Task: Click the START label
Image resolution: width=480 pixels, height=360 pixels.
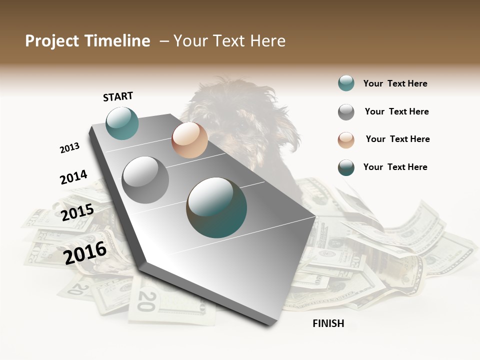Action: pyautogui.click(x=118, y=96)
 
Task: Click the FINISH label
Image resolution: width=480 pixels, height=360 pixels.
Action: pyautogui.click(x=328, y=323)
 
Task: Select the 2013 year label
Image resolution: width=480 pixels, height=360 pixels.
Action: pyautogui.click(x=69, y=148)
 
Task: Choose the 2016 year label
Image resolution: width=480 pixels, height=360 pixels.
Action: pyautogui.click(x=85, y=252)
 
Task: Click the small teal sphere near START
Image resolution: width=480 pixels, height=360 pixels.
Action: pyautogui.click(x=122, y=123)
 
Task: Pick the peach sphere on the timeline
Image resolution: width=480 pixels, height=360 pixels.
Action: pyautogui.click(x=189, y=140)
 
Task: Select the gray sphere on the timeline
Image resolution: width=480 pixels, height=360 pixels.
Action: pyautogui.click(x=145, y=179)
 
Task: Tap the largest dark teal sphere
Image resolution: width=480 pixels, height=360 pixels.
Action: pyautogui.click(x=216, y=207)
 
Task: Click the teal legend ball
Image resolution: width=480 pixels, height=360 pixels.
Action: pyautogui.click(x=346, y=83)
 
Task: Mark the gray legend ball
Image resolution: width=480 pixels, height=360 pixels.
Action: pyautogui.click(x=346, y=112)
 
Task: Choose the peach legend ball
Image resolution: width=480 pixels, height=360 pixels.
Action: pyautogui.click(x=346, y=139)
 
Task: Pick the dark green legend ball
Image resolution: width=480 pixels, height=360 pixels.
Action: pyautogui.click(x=346, y=167)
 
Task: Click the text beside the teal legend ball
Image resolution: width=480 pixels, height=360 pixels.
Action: pyautogui.click(x=395, y=83)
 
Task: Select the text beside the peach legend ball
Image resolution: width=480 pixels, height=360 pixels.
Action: pyautogui.click(x=397, y=139)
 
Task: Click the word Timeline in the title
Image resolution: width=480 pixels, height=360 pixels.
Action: pyautogui.click(x=117, y=41)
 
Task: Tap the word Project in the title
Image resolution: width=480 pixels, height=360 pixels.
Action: pyautogui.click(x=52, y=41)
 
